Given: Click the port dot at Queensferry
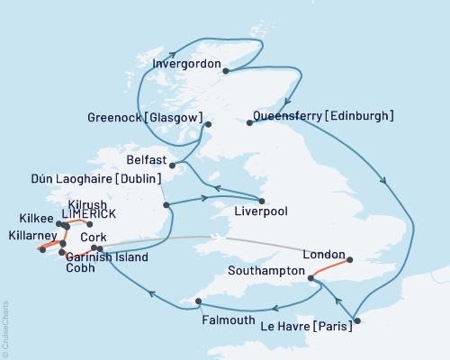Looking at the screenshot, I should coord(249,122).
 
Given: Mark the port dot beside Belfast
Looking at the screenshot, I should coord(172,165).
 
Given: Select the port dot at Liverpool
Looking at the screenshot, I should coord(262,201).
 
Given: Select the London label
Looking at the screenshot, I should coord(324,254).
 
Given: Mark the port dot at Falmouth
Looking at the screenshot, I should coord(198,301).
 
